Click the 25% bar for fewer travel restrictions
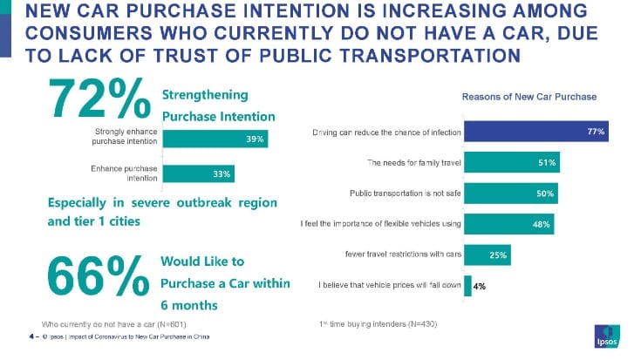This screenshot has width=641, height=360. (x=488, y=255)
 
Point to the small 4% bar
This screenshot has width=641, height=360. (x=467, y=285)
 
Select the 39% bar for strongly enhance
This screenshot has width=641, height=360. (x=215, y=138)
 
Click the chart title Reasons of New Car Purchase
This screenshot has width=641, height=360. (x=528, y=97)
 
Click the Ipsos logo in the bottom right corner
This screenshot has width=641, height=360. (x=610, y=335)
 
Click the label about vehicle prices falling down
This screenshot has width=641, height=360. (x=388, y=285)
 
